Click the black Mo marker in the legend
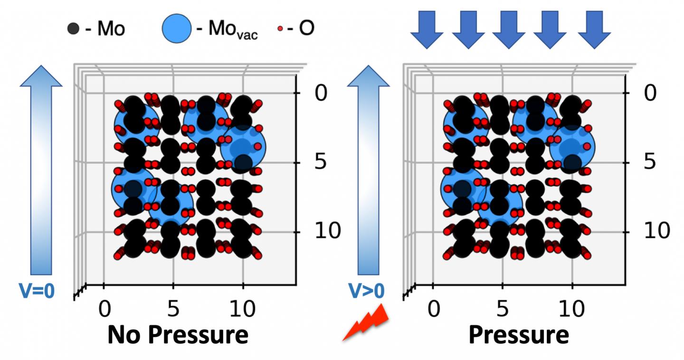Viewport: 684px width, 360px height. click(72, 29)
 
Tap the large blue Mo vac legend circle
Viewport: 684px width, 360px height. click(177, 29)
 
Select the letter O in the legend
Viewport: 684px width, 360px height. click(306, 28)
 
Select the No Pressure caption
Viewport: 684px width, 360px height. click(178, 335)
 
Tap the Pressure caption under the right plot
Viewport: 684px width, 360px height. click(518, 335)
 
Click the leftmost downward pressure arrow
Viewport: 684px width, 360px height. click(427, 29)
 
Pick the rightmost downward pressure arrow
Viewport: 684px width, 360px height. click(594, 29)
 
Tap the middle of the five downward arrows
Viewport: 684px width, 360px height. click(509, 29)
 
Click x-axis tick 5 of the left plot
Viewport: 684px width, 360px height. click(173, 309)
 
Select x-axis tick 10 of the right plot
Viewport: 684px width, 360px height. click(571, 309)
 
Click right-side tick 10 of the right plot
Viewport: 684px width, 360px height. click(656, 231)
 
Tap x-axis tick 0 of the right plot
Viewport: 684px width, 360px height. click(433, 309)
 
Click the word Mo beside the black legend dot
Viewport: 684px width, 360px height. click(111, 29)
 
